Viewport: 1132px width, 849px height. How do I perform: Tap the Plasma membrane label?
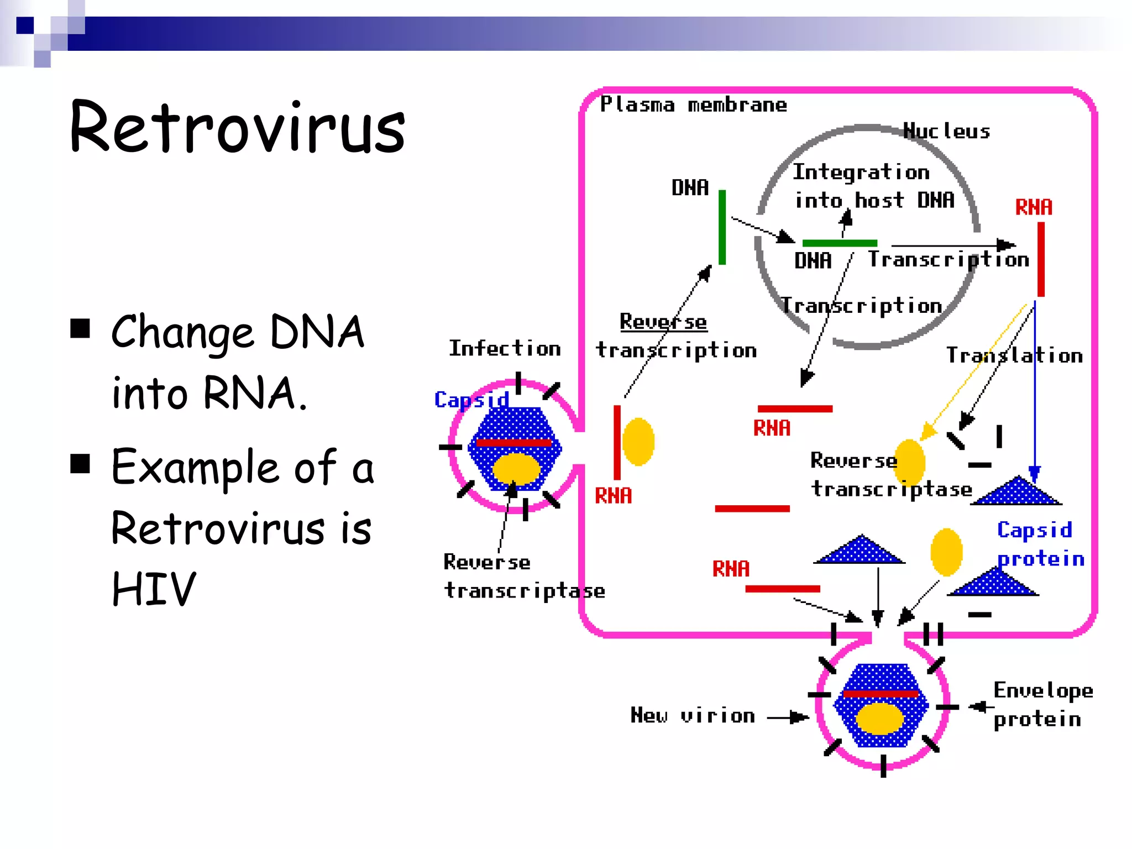click(693, 104)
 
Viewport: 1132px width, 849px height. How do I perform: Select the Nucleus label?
click(946, 131)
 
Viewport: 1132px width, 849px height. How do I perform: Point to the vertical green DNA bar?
click(722, 227)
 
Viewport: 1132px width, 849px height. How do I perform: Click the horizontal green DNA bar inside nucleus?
click(839, 243)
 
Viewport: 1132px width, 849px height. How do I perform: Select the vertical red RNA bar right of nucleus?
click(1041, 259)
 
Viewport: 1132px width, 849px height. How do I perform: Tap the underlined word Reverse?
click(663, 322)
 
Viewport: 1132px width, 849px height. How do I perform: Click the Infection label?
click(505, 349)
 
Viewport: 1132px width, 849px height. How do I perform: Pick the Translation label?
click(1014, 355)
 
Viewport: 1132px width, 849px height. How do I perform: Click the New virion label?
click(693, 716)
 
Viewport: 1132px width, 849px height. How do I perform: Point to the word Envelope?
click(1043, 691)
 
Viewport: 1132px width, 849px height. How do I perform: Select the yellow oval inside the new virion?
click(879, 719)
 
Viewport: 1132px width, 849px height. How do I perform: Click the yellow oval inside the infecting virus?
click(516, 469)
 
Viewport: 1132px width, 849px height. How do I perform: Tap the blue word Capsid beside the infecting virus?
click(471, 399)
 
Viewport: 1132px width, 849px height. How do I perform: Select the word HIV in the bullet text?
click(154, 589)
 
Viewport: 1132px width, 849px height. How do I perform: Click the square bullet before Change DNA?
click(81, 328)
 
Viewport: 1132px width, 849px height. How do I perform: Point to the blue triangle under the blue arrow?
click(1017, 491)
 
